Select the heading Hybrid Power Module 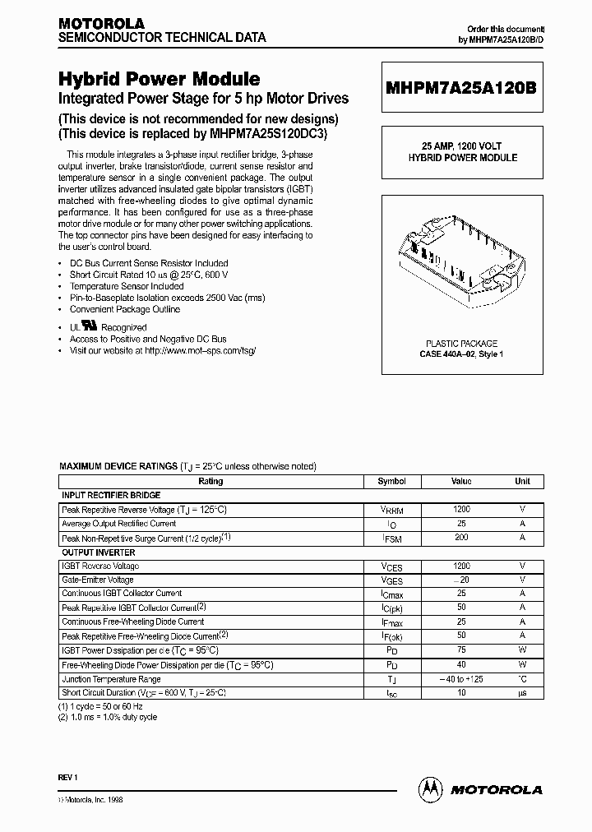[159, 79]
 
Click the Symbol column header [391, 482]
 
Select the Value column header [461, 482]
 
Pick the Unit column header [522, 482]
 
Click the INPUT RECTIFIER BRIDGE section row [111, 496]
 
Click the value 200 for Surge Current [461, 537]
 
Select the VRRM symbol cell [391, 510]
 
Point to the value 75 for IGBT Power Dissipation [461, 650]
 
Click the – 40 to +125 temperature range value [461, 679]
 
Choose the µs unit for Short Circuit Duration [522, 694]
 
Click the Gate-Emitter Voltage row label [99, 579]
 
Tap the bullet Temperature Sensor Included [126, 286]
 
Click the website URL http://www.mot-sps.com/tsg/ [200, 350]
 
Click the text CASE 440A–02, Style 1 [461, 354]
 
